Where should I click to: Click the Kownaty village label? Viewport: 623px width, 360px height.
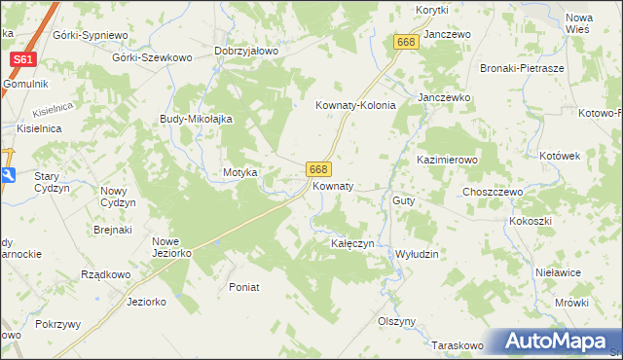point(332,185)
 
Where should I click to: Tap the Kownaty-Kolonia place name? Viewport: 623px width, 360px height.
point(355,105)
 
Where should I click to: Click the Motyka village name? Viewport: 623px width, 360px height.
point(239,172)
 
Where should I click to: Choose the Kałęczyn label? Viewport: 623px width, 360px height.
point(352,242)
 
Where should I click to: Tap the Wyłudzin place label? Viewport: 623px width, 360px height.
point(417,253)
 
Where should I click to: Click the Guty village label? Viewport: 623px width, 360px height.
point(404,200)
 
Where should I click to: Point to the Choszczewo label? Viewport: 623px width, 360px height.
point(493,193)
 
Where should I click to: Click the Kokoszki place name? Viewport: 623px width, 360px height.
point(530,221)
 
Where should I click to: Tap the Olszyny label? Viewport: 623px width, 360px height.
point(396,321)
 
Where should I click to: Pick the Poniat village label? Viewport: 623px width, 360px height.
point(243,287)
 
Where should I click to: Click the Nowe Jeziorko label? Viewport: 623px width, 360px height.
point(171,246)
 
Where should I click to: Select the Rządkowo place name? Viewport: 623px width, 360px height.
point(106,274)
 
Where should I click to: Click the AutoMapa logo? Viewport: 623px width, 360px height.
point(552,341)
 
